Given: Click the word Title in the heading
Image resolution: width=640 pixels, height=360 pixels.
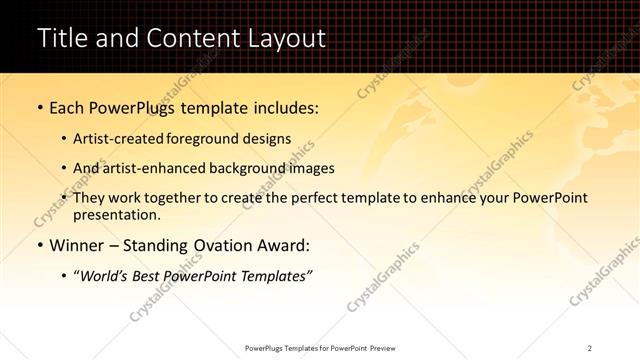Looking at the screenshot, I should tap(61, 38).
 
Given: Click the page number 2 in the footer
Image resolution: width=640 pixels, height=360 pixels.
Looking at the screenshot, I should tap(590, 347).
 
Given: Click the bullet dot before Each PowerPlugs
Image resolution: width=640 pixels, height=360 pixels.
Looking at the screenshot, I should tap(39, 107).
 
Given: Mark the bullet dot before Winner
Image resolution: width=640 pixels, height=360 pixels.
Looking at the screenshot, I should tap(39, 245).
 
